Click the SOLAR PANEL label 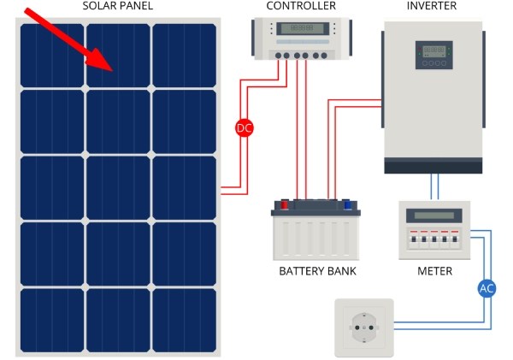pyautogui.click(x=117, y=6)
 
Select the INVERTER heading pyautogui.click(x=433, y=6)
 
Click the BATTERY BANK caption pyautogui.click(x=317, y=271)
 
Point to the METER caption pyautogui.click(x=434, y=271)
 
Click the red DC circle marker pyautogui.click(x=245, y=128)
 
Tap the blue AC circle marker pyautogui.click(x=486, y=288)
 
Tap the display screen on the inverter pyautogui.click(x=433, y=50)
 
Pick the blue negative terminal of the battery pyautogui.click(x=348, y=204)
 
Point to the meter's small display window pyautogui.click(x=433, y=215)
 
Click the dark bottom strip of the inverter pyautogui.click(x=433, y=166)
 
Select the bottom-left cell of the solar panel pyautogui.click(x=51, y=321)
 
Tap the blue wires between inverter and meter pyautogui.click(x=434, y=187)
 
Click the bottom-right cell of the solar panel pyautogui.click(x=184, y=321)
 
